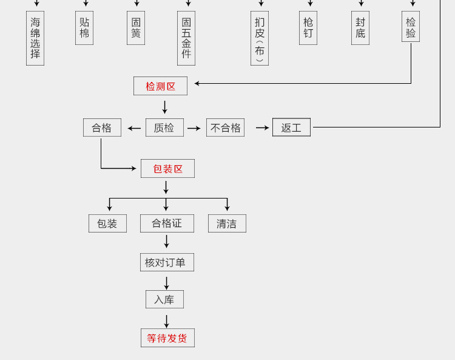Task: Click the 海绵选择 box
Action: coord(35,38)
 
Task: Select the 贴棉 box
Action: coord(84,28)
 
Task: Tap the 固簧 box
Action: coord(136,28)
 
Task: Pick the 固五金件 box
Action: coord(186,38)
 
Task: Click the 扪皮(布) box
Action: coord(260,38)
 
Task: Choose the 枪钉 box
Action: coord(308,28)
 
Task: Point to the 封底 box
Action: coord(360,28)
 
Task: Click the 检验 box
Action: coord(411,27)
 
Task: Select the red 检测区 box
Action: coord(160,86)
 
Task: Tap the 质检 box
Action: coord(164,127)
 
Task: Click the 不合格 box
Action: coord(225,127)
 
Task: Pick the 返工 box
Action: coord(291,127)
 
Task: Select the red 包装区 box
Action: coord(167,169)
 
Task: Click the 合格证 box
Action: coord(167,223)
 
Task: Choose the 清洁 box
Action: coord(227,223)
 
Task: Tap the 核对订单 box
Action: coord(167,262)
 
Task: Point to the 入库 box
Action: coord(164,299)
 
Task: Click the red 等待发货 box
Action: coord(167,338)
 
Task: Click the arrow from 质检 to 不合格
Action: coord(194,128)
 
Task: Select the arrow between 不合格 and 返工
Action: coord(262,127)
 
